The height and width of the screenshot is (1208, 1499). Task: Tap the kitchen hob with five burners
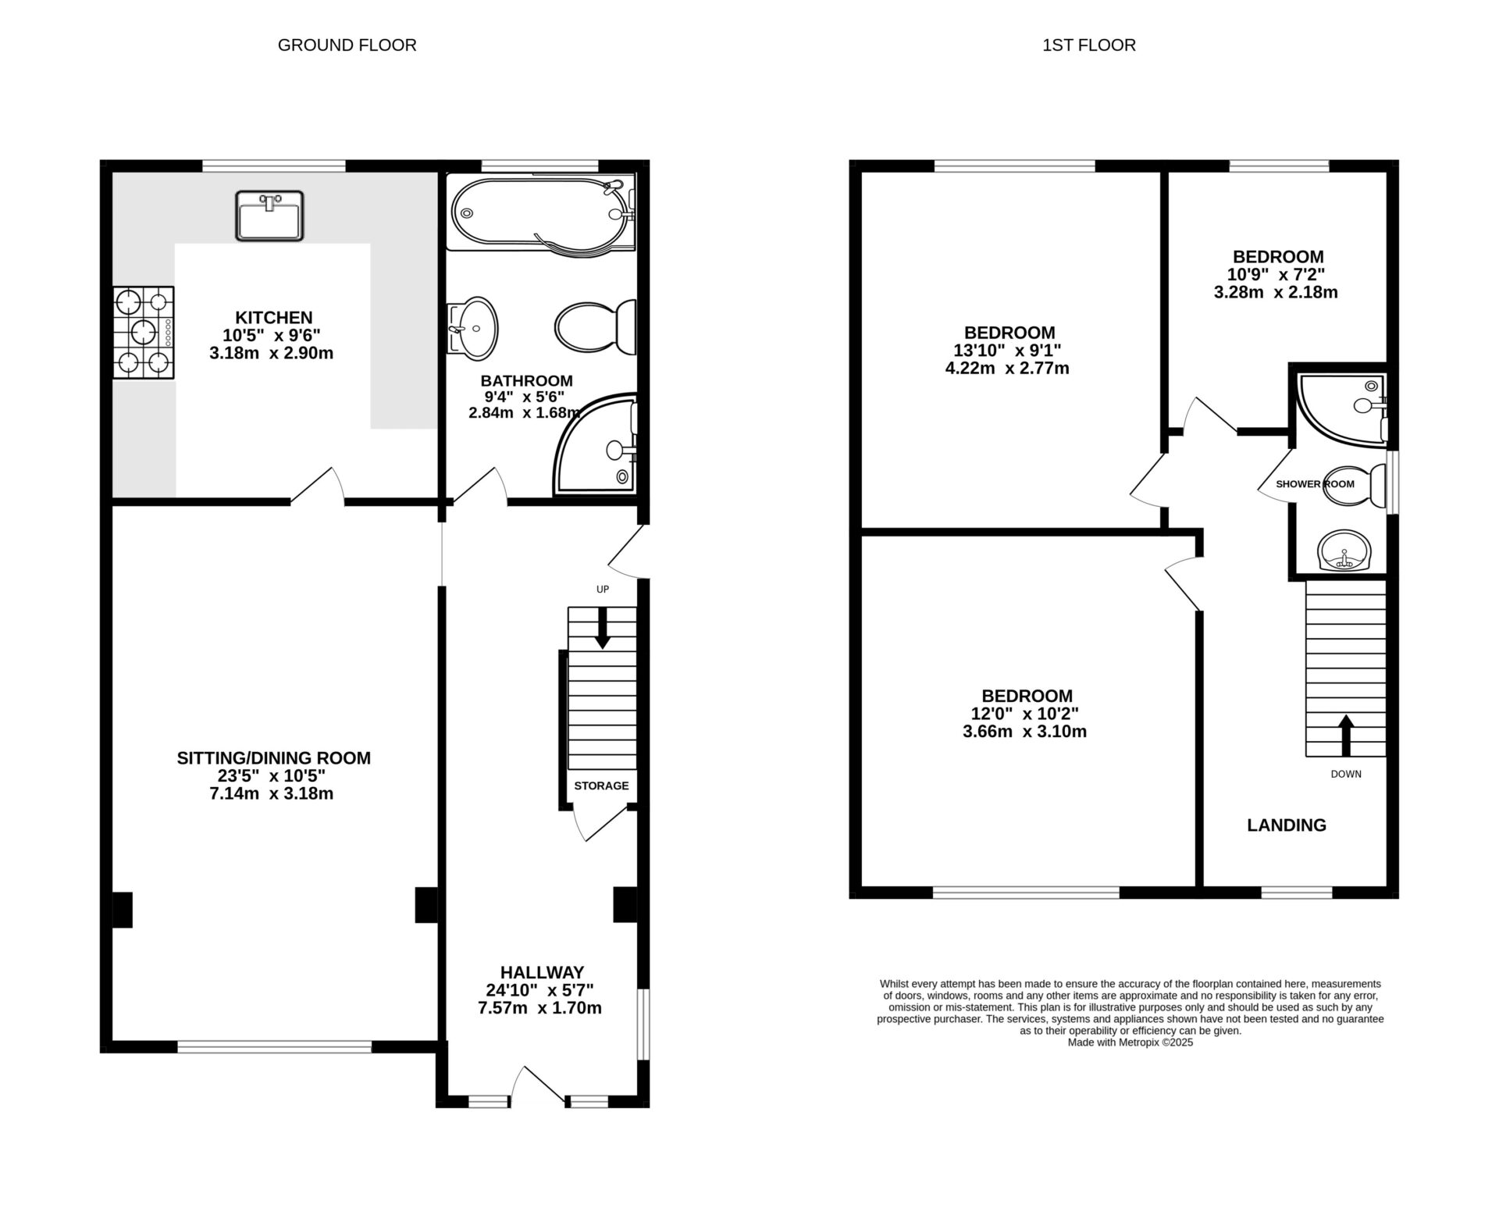tap(144, 333)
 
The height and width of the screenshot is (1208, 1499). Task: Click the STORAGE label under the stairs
tap(601, 786)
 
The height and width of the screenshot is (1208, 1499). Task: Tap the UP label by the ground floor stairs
tap(603, 590)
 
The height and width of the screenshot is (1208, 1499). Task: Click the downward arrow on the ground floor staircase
tap(603, 629)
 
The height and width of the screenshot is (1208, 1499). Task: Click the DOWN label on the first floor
tap(1346, 774)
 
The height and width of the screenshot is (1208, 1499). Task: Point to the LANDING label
tap(1287, 825)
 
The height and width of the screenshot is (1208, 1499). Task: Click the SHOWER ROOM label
tap(1315, 484)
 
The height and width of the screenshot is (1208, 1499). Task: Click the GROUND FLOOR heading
tap(347, 45)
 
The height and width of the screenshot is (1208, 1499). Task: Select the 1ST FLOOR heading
tap(1088, 45)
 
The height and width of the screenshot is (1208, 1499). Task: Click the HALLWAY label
tap(542, 972)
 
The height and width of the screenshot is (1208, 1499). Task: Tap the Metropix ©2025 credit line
tap(1130, 1042)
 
